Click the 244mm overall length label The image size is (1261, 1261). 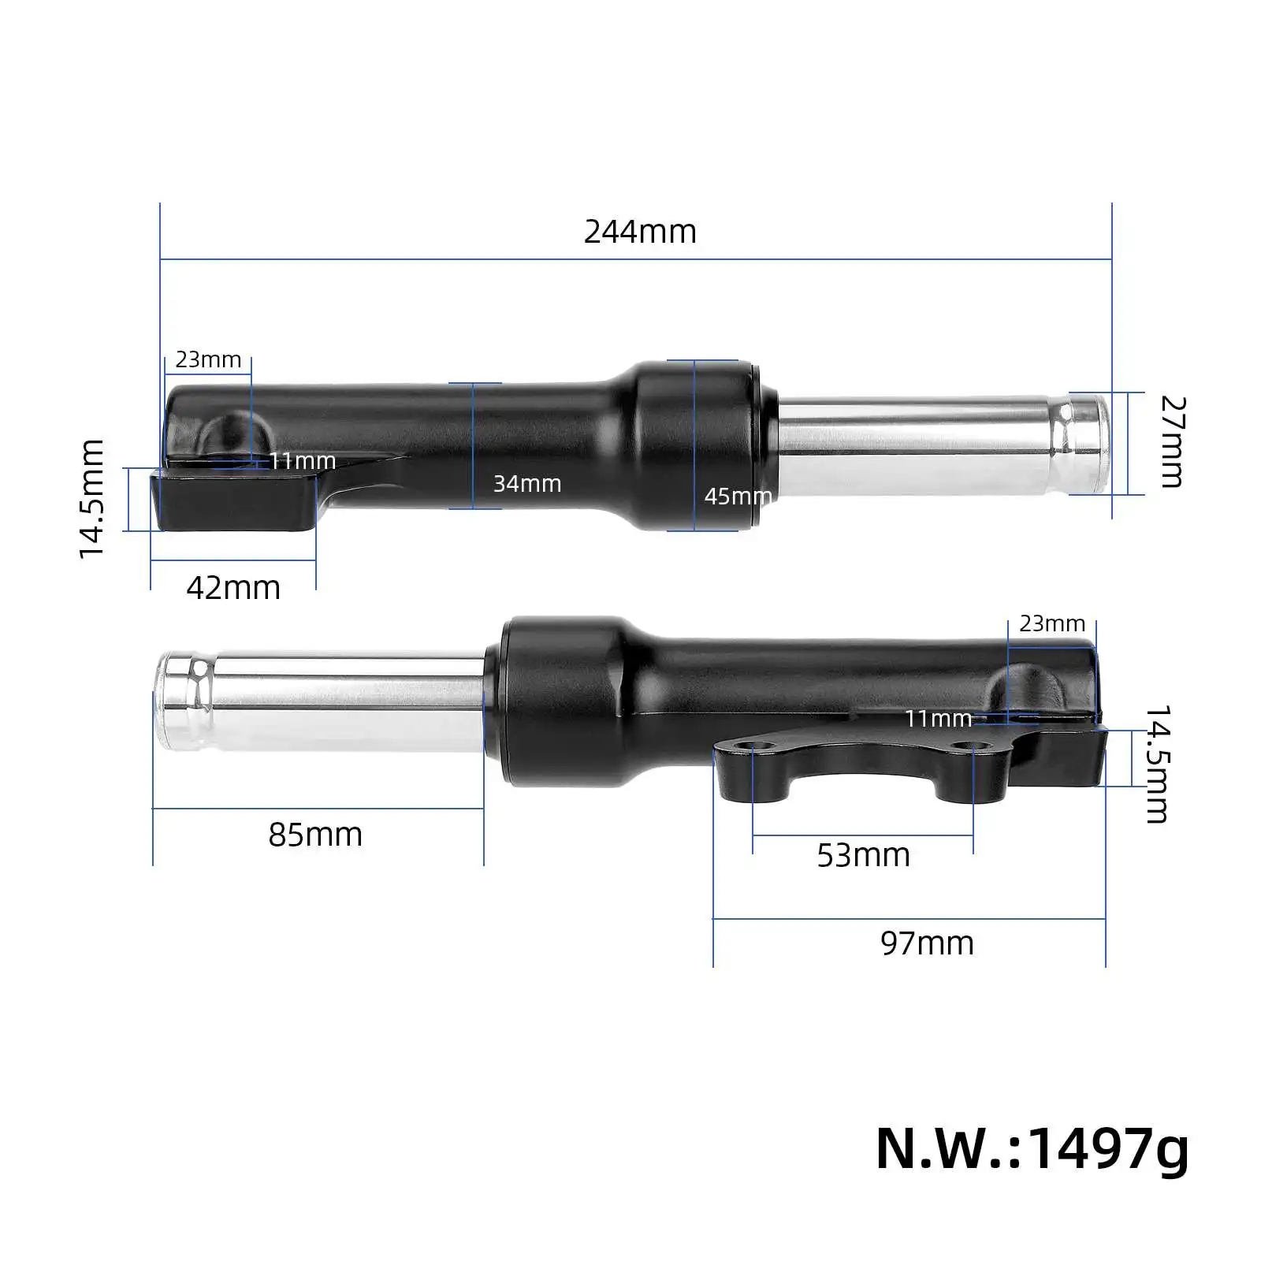[640, 232]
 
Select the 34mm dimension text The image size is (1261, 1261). [527, 483]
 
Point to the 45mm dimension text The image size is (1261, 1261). [738, 496]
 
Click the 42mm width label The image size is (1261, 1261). [233, 588]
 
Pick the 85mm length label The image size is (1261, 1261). [315, 835]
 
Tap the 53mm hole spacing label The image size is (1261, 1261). [863, 855]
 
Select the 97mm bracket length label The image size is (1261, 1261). [927, 943]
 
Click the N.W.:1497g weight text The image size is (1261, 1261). [1032, 1149]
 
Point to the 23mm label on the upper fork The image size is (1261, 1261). [208, 359]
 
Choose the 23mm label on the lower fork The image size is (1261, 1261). [1052, 623]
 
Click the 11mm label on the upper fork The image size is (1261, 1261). [303, 460]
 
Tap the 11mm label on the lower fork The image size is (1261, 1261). [938, 718]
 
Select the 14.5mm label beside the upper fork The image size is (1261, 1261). [92, 499]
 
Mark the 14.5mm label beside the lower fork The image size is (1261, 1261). [1156, 764]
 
